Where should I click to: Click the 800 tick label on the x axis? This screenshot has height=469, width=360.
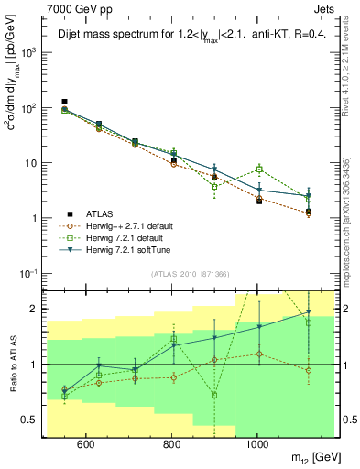171,444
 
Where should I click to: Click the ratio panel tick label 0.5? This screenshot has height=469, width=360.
32,420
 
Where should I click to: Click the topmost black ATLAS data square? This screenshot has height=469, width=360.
64,102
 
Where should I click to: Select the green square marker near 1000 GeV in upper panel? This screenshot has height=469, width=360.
260,169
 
